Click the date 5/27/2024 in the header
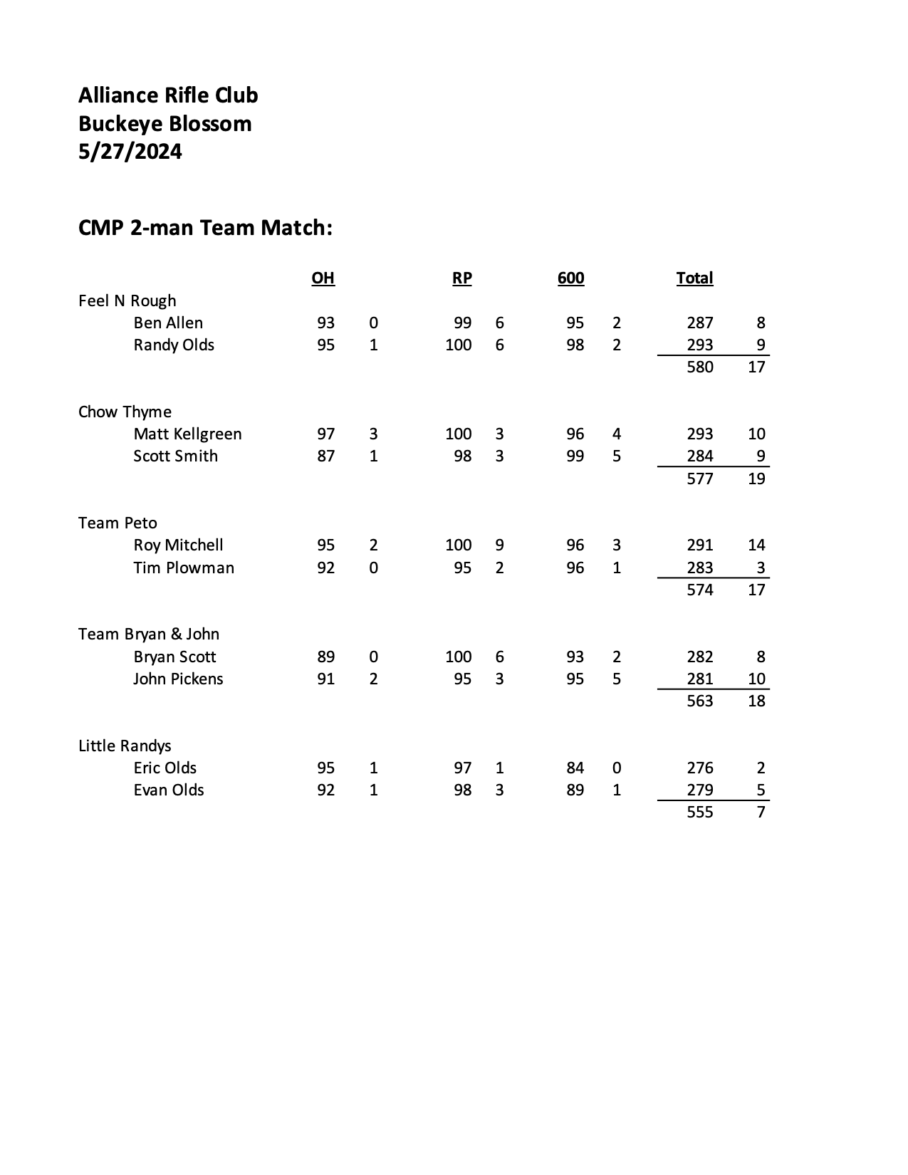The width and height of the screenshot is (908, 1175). tap(130, 152)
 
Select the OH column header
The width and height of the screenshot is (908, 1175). tap(323, 278)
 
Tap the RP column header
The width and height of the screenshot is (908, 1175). tap(461, 278)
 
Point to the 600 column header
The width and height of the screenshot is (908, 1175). tap(570, 278)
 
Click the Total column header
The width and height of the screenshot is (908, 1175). tap(694, 278)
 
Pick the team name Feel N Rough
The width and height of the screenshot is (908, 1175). tap(127, 301)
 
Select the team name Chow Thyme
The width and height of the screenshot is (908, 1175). tap(125, 412)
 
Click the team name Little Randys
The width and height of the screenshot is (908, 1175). tap(125, 746)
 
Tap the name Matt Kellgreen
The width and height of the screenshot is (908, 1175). tap(187, 434)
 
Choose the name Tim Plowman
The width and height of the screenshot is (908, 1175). tap(184, 568)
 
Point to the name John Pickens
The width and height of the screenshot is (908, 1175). tap(178, 679)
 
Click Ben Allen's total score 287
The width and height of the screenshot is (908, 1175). tap(699, 323)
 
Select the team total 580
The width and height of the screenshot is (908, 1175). tap(699, 367)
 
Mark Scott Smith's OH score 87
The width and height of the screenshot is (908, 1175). tap(325, 456)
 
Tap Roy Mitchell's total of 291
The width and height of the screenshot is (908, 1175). tap(699, 545)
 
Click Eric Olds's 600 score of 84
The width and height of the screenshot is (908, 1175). tap(575, 768)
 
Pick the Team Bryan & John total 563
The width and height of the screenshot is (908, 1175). tap(699, 701)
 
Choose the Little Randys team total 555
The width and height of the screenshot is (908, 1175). tap(699, 812)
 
